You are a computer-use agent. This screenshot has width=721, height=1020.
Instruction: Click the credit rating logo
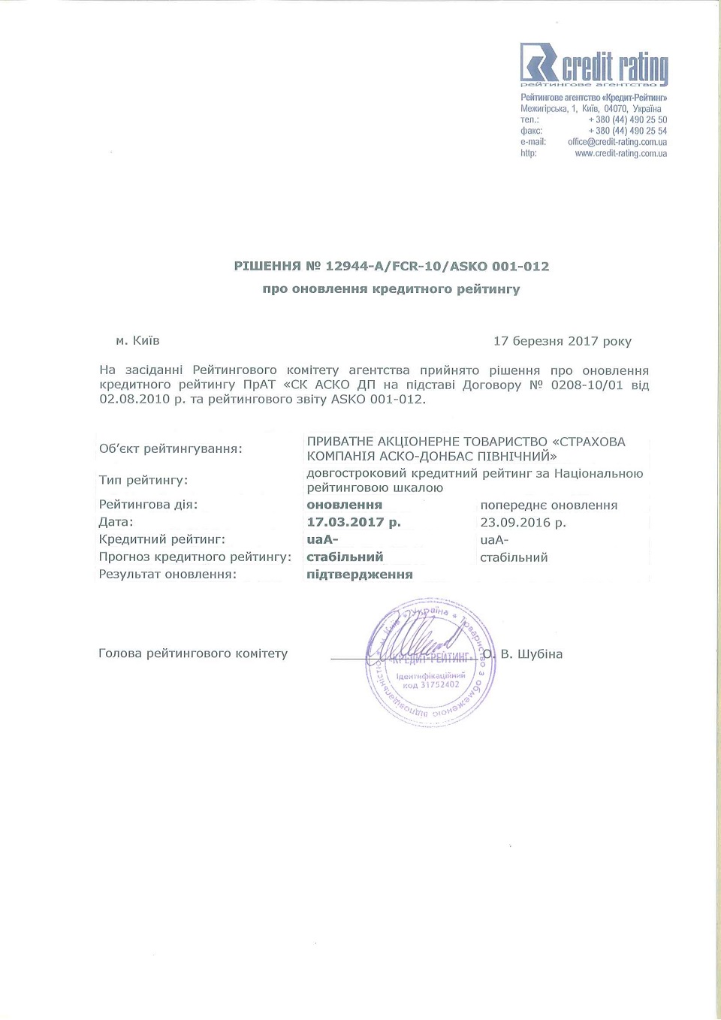593,65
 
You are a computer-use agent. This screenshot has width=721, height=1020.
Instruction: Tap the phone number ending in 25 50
627,120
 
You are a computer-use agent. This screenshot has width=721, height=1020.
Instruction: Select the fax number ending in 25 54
627,131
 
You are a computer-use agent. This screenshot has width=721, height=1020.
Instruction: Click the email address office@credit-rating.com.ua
617,142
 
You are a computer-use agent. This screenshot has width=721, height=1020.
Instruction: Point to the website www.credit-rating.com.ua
620,153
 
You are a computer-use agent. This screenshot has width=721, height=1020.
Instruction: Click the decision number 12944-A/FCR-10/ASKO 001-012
436,267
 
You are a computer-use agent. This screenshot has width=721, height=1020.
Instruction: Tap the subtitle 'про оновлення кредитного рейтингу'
391,289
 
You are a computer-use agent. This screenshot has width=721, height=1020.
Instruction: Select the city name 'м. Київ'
137,341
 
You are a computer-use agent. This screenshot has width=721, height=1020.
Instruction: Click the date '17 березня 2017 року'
562,341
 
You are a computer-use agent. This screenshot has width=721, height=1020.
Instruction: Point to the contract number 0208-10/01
587,385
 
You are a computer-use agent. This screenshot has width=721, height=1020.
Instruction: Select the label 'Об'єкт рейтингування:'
170,449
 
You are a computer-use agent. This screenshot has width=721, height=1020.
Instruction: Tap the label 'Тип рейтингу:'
143,480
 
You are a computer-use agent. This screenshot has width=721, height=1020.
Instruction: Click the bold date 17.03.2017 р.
354,522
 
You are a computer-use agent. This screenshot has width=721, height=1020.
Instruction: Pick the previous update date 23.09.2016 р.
523,523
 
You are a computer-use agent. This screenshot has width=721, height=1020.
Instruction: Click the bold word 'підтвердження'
360,575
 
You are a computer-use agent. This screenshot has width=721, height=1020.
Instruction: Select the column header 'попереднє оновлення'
548,505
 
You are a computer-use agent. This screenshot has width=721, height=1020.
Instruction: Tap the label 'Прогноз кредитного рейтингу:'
195,557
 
